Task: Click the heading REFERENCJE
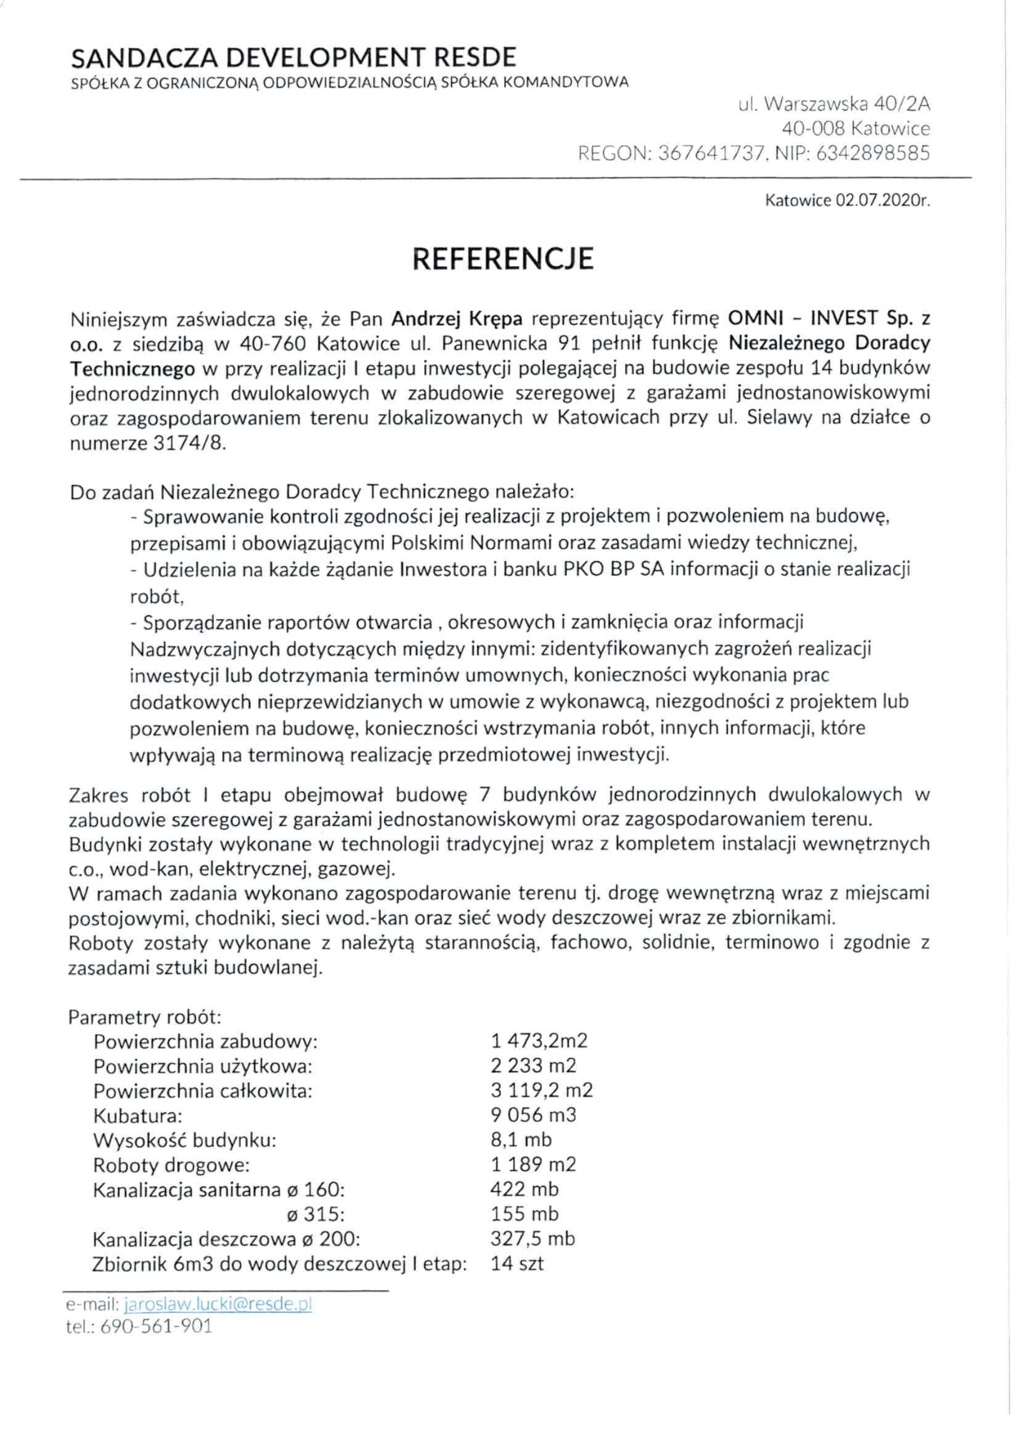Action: coord(503,259)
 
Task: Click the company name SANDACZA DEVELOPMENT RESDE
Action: coord(293,57)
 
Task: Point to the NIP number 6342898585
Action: coord(872,153)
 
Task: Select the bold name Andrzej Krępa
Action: coord(457,318)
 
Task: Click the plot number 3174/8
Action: coord(189,443)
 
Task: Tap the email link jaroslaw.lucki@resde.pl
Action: coord(218,1303)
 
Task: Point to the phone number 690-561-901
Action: coord(157,1326)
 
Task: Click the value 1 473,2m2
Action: coord(539,1041)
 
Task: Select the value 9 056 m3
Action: coord(533,1115)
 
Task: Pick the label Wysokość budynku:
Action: coord(184,1140)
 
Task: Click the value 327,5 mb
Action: coord(533,1238)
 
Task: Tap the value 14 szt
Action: coord(517,1263)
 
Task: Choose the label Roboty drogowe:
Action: coord(172,1165)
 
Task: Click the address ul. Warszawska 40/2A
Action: coord(834,104)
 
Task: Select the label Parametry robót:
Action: coord(145,1017)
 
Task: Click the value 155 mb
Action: coord(525,1213)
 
